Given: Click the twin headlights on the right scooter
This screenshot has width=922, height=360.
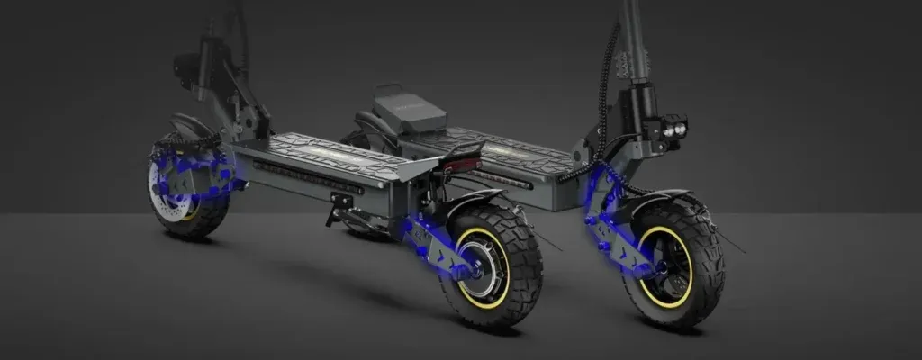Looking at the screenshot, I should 672,127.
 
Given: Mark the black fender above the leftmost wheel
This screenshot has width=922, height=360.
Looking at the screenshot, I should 191,125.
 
